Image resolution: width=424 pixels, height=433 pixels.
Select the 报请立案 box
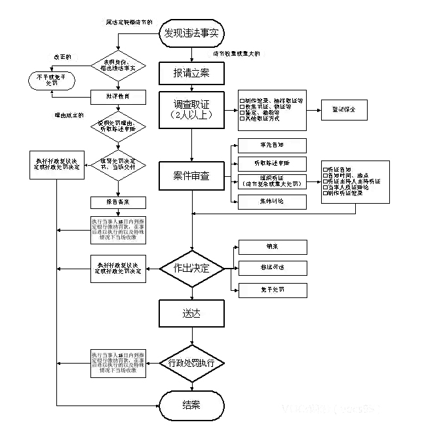[191, 73]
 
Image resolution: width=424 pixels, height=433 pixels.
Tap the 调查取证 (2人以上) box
[191, 108]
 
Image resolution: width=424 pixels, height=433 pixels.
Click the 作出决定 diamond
[191, 268]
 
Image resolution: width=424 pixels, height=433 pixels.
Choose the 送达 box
[191, 313]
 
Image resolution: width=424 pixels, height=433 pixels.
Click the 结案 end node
[191, 405]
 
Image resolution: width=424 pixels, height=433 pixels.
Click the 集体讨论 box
[269, 201]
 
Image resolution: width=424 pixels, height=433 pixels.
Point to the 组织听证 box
[269, 181]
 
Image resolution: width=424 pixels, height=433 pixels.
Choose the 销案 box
[269, 248]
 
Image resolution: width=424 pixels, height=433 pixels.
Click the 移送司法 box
[269, 268]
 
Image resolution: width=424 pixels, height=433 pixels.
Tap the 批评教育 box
[117, 96]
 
